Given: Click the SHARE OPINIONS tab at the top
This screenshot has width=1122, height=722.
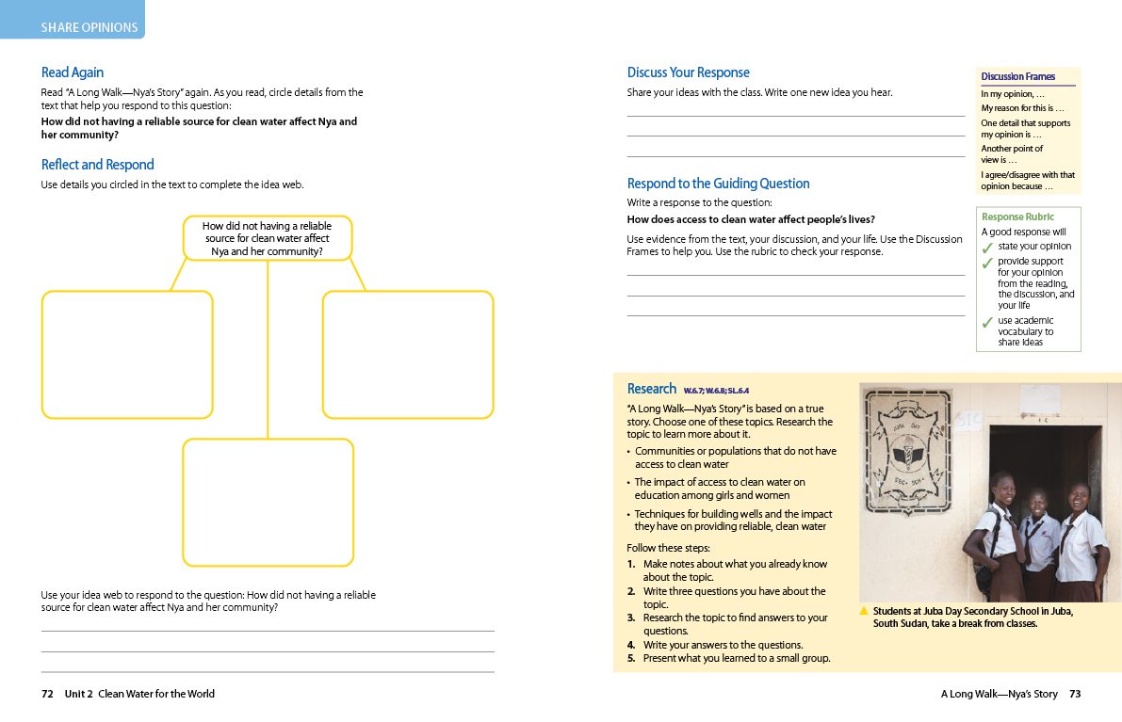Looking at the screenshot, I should pyautogui.click(x=89, y=27).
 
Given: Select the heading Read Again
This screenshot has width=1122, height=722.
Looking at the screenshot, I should pyautogui.click(x=73, y=72).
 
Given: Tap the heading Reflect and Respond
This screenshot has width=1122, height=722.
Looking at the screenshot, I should pyautogui.click(x=97, y=165).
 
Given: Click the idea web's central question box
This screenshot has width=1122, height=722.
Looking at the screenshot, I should pyautogui.click(x=268, y=238).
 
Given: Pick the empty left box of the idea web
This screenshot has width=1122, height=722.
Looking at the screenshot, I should pyautogui.click(x=127, y=354).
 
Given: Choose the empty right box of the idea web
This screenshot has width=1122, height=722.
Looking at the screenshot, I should pyautogui.click(x=408, y=354).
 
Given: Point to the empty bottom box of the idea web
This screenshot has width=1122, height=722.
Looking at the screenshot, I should pyautogui.click(x=268, y=502).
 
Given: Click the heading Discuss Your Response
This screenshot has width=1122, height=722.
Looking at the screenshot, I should pyautogui.click(x=688, y=72).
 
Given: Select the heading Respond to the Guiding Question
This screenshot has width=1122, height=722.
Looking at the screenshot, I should pyautogui.click(x=718, y=184).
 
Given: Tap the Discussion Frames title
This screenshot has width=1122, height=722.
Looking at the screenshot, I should pyautogui.click(x=1017, y=77).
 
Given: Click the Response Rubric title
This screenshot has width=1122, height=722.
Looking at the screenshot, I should pyautogui.click(x=1017, y=217).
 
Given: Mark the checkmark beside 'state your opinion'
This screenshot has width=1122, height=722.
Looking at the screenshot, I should pyautogui.click(x=987, y=249).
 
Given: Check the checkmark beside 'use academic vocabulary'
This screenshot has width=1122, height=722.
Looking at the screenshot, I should pyautogui.click(x=987, y=323).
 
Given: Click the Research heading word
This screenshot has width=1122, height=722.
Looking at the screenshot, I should pyautogui.click(x=651, y=389).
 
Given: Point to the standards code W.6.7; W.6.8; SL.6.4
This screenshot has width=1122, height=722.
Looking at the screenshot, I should pyautogui.click(x=716, y=391).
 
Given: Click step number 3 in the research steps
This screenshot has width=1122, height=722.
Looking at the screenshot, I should pyautogui.click(x=631, y=618).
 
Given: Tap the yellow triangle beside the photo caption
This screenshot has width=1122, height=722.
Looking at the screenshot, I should pyautogui.click(x=864, y=611).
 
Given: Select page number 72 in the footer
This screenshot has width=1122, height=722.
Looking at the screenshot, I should pyautogui.click(x=47, y=694).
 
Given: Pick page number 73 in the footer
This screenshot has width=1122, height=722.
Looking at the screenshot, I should pyautogui.click(x=1075, y=694).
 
